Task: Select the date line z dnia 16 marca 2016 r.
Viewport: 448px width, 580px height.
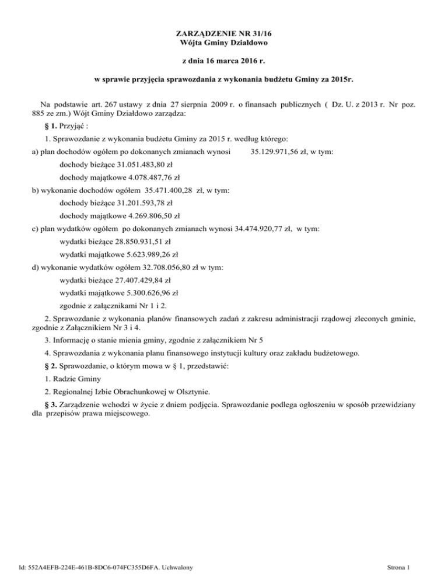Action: (224, 61)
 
